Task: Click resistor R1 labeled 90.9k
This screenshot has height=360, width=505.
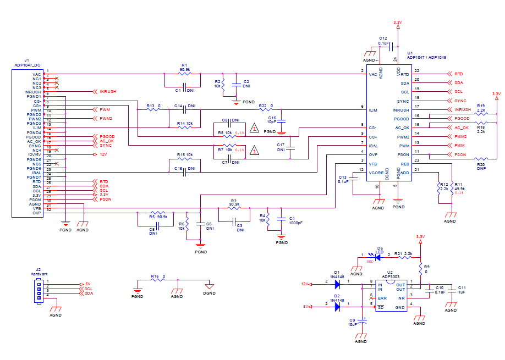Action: (184, 74)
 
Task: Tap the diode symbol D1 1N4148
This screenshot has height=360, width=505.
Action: (338, 284)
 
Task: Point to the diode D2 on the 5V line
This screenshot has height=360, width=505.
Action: (338, 307)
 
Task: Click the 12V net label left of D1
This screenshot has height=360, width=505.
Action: (304, 284)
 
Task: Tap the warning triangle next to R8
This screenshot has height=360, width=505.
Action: (254, 129)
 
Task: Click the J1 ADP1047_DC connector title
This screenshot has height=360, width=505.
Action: (28, 64)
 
